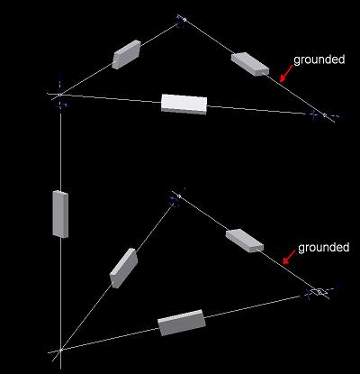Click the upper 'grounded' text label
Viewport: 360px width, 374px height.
click(x=319, y=60)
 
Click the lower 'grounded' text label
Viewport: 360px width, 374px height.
click(x=324, y=248)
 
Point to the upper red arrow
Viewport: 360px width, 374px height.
click(x=286, y=73)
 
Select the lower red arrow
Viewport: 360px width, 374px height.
click(x=290, y=257)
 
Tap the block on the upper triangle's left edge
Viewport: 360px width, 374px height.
click(x=127, y=54)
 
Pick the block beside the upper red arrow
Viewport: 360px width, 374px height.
click(x=250, y=64)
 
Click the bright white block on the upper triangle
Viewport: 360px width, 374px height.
click(x=184, y=104)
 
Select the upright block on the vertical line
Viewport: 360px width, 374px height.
click(x=60, y=214)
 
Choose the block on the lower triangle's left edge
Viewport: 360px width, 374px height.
click(x=124, y=268)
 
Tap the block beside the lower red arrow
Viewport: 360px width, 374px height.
click(x=245, y=241)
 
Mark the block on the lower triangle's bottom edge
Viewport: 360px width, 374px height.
click(x=182, y=323)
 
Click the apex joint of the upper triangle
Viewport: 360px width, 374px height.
click(x=181, y=21)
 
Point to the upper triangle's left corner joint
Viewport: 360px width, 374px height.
click(x=60, y=95)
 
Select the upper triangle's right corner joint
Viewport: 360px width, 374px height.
click(x=322, y=114)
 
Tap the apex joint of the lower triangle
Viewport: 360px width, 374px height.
click(x=177, y=196)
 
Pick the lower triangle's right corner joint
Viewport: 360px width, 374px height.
click(x=318, y=291)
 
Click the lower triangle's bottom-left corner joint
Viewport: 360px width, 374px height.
click(x=60, y=351)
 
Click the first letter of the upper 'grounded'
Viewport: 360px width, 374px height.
click(x=297, y=61)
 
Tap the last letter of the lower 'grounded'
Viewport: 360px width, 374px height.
click(x=346, y=247)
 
